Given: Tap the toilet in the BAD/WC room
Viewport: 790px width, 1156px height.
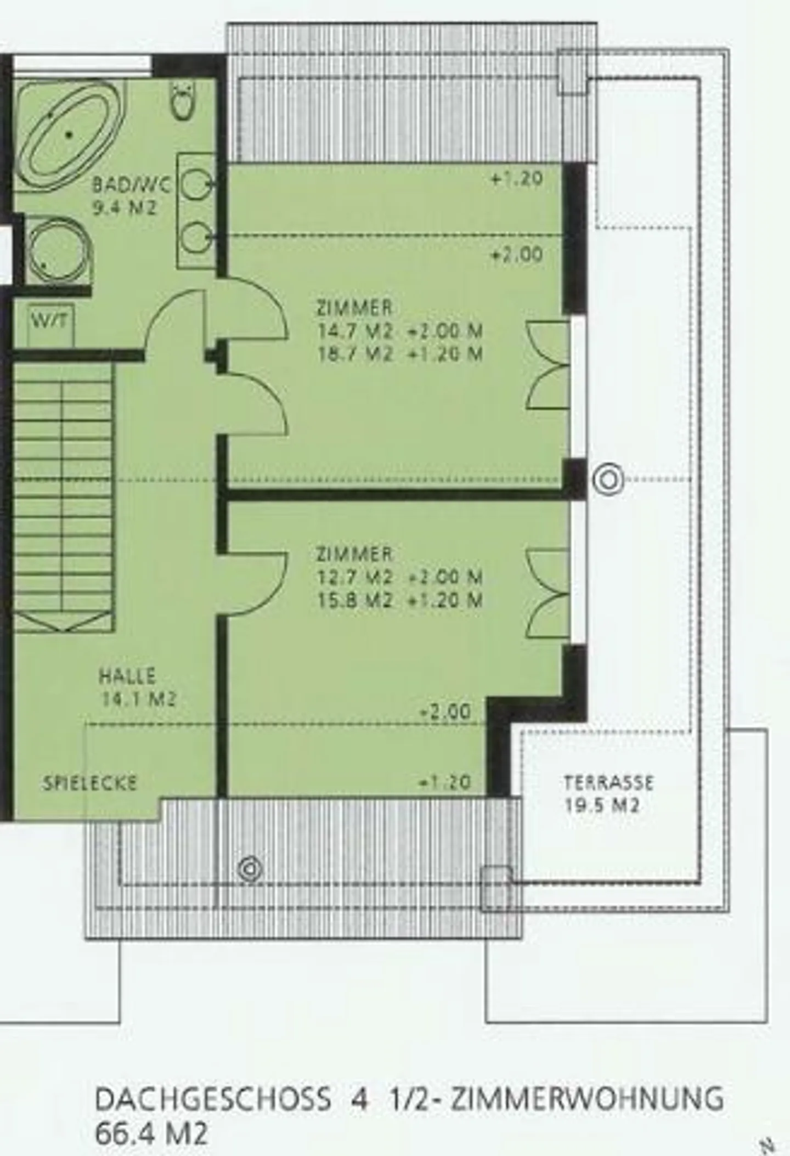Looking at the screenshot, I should click(x=183, y=100).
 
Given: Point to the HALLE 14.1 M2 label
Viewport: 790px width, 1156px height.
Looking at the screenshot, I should click(x=137, y=687).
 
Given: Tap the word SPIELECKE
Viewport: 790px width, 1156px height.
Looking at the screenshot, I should click(x=89, y=783).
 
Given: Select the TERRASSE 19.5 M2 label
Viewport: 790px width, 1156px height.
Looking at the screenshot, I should click(x=608, y=793).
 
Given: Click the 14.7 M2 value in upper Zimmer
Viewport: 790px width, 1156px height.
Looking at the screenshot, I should click(x=356, y=331).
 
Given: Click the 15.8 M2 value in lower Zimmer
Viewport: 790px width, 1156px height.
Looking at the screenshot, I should click(x=356, y=600).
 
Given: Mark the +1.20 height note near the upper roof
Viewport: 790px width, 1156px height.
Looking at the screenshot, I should click(x=517, y=178).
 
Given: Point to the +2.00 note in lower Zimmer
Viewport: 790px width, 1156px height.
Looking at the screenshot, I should click(x=445, y=712).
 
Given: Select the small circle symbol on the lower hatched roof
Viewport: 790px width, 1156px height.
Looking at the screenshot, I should click(x=250, y=869).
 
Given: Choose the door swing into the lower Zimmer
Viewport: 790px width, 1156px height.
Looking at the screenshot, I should click(x=257, y=584).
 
